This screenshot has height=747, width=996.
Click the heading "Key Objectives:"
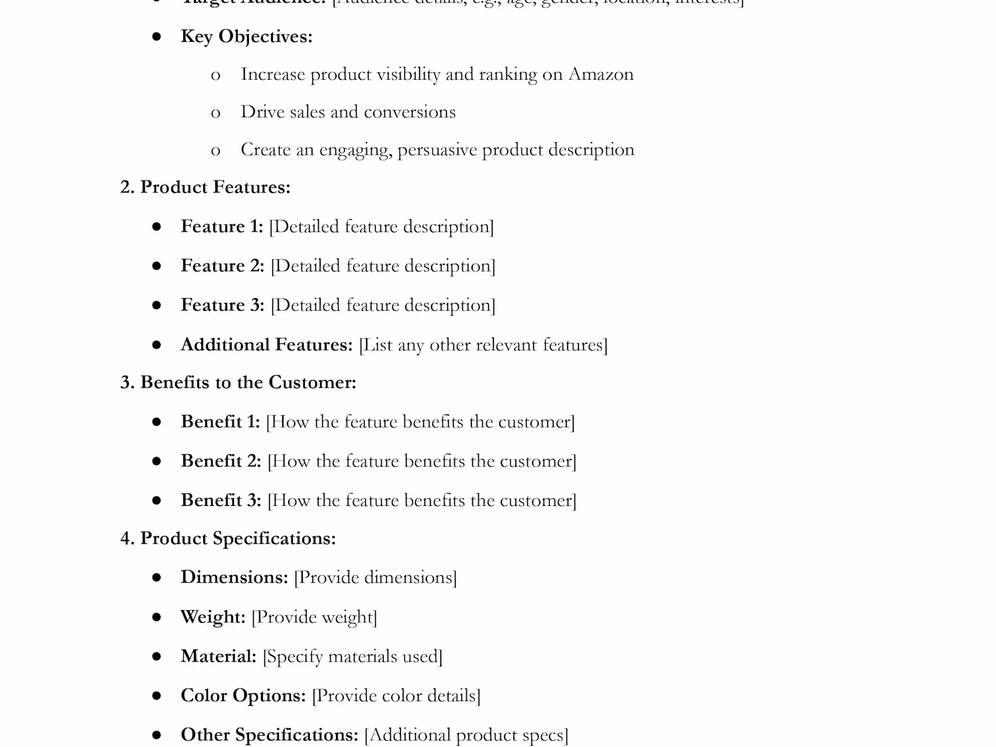(x=246, y=37)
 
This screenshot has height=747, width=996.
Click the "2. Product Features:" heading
(x=205, y=187)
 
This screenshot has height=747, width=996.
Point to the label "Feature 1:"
(x=222, y=226)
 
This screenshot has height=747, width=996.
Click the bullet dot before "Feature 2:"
(x=157, y=266)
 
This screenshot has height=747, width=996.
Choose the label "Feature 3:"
(x=222, y=305)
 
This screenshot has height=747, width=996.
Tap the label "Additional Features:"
(x=266, y=345)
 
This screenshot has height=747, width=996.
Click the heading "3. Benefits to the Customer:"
(x=238, y=382)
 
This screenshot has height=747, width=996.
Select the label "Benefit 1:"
(x=220, y=422)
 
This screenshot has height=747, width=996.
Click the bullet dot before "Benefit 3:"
(x=157, y=501)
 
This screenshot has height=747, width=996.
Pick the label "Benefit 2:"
(x=221, y=461)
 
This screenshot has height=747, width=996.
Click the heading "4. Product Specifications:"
(x=228, y=539)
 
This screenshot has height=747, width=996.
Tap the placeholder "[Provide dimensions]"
(x=375, y=578)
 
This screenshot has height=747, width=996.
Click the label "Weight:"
(x=213, y=617)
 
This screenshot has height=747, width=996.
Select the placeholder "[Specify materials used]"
(x=353, y=657)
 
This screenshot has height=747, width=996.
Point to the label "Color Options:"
(x=243, y=696)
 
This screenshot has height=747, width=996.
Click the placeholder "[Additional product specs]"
(x=466, y=735)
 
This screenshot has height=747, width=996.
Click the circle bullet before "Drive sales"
(x=216, y=114)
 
